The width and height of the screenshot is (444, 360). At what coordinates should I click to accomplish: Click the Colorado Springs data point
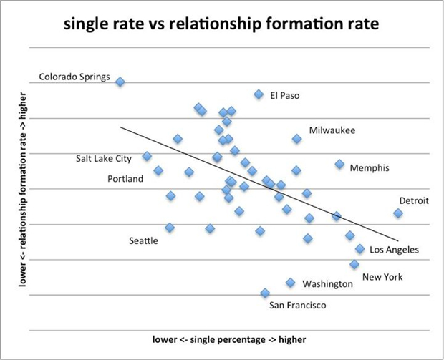coord(120,82)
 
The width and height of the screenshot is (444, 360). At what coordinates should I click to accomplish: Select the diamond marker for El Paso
coord(259,94)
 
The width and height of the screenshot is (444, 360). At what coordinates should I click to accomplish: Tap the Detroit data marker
coord(398,213)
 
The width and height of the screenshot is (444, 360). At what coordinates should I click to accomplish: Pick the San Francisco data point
coord(265,293)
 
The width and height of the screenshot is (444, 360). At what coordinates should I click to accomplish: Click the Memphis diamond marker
coord(339,165)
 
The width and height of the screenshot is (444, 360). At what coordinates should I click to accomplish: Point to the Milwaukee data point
coord(296,139)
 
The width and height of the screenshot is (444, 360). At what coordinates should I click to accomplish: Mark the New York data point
coord(354,264)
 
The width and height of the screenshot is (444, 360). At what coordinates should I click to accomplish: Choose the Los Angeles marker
coord(360,249)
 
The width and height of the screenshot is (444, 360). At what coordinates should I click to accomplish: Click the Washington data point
coord(290,283)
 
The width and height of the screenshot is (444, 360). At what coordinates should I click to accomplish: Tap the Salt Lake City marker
coord(147,156)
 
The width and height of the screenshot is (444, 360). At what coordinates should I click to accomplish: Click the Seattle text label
coord(143,240)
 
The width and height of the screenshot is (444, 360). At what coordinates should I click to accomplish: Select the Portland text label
coord(126,178)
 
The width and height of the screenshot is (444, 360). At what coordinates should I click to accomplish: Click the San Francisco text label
coord(297,306)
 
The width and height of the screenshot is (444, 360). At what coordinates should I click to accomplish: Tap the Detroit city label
coord(414,200)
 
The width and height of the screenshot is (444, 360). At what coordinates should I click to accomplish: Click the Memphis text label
coord(370,168)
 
